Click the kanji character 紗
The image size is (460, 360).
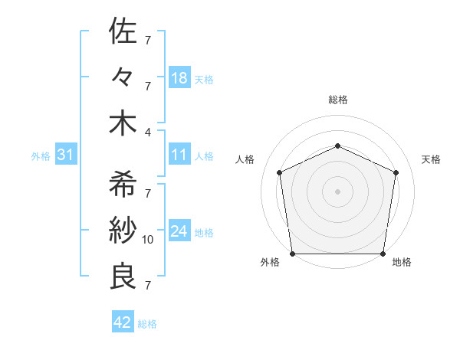coord(123,231)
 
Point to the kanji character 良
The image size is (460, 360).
coord(123,277)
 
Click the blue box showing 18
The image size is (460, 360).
coord(179,78)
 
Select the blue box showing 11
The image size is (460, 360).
coord(179,155)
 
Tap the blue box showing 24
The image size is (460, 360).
coord(179,231)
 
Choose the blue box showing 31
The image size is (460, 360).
coord(65,155)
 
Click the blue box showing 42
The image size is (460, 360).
coord(123,322)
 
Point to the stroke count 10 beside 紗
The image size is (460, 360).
coord(148,240)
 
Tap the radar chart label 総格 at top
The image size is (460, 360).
coord(337,100)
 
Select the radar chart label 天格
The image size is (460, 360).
coord(431,159)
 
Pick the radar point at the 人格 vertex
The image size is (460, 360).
coord(280,172)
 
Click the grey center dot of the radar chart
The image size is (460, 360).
coord(337,191)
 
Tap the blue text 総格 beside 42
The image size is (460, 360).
coord(147,324)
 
